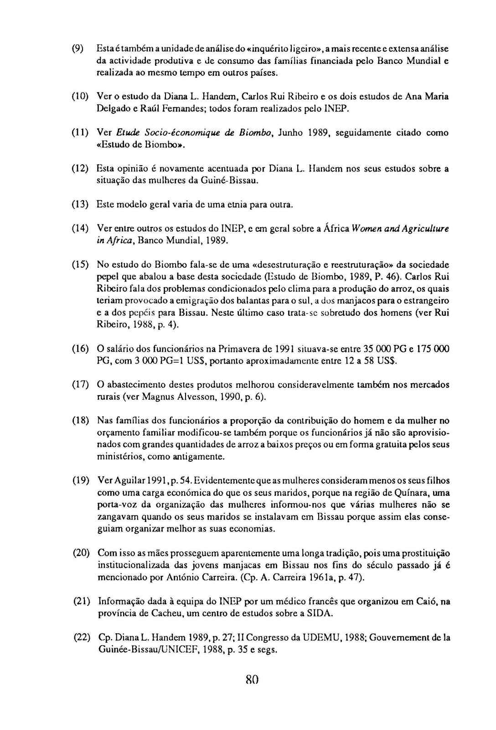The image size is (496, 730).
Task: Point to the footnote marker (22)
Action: click(82, 637)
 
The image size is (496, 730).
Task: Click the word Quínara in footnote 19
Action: click(411, 493)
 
